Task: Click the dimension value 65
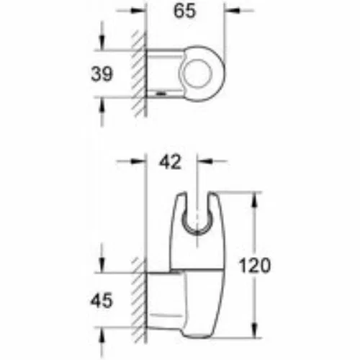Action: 184,11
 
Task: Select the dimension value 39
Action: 102,73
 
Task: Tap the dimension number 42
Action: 170,162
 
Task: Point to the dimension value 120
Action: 255,266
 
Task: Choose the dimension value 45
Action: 102,300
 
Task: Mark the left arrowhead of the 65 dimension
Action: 139,10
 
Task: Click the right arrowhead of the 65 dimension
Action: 232,10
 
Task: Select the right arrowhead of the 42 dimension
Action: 204,161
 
